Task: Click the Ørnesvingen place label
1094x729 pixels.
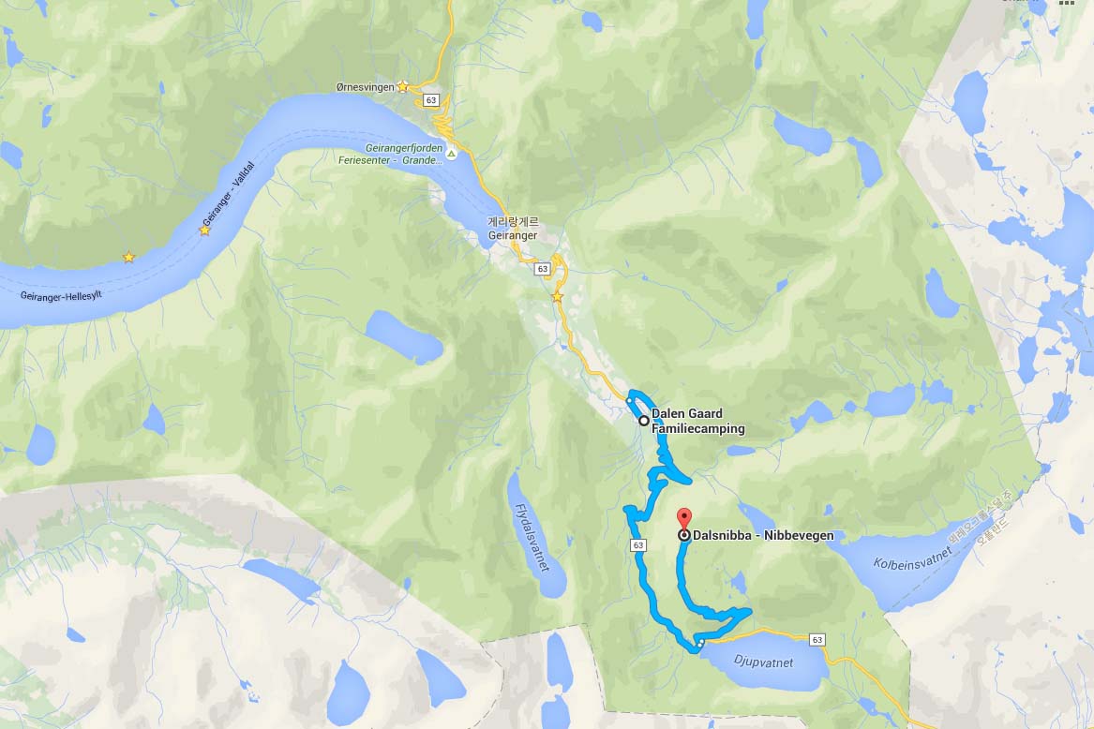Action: (x=365, y=87)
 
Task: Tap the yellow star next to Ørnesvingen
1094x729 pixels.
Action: (x=402, y=86)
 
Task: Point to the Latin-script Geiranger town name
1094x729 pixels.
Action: (x=513, y=236)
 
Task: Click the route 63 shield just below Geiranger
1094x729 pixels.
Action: (x=543, y=269)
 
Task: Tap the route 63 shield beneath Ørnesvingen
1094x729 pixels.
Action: (x=430, y=99)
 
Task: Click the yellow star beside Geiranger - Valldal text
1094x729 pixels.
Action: (x=204, y=231)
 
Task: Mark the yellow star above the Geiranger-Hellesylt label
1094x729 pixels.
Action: (x=128, y=257)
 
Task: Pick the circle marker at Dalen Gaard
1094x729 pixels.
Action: (x=643, y=421)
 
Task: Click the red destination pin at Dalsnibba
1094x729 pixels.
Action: (x=684, y=519)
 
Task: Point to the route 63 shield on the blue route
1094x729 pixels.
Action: (x=638, y=544)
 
